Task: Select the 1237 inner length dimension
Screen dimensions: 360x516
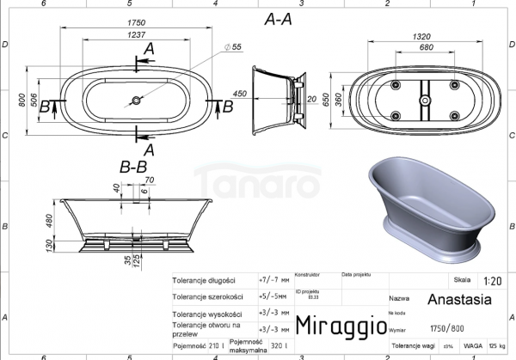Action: [x=134, y=35]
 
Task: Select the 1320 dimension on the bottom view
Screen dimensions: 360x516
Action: [x=421, y=38]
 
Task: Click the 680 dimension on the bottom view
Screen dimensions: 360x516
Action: [x=421, y=48]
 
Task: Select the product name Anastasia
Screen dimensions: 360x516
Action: [x=459, y=300]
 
